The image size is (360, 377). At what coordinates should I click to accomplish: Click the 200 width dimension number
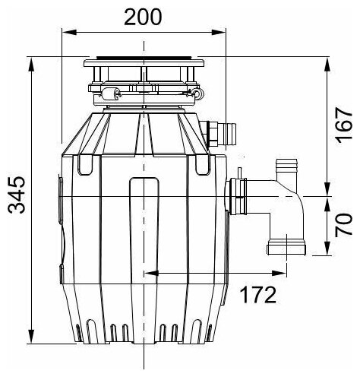[143, 17]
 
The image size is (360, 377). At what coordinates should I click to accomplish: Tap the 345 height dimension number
[17, 195]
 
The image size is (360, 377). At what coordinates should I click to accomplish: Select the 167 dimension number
[343, 126]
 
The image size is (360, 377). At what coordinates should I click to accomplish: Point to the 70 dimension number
[343, 225]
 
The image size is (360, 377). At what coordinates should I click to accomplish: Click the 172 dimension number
[258, 295]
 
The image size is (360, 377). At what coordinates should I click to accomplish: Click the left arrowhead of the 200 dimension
[69, 33]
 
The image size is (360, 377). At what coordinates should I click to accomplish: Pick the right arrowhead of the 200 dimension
[219, 33]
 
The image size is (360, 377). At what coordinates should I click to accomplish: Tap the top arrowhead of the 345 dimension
[31, 65]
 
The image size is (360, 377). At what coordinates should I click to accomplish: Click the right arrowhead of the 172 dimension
[279, 273]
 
